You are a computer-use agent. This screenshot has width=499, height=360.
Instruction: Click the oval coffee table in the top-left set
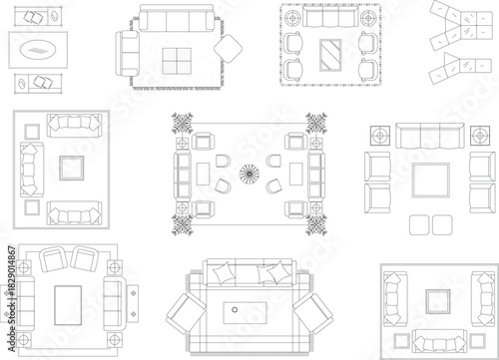tap(38, 49)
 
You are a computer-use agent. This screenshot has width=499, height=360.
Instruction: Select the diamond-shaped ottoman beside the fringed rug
tap(229, 50)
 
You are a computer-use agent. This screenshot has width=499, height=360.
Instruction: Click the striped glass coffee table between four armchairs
tap(329, 54)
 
